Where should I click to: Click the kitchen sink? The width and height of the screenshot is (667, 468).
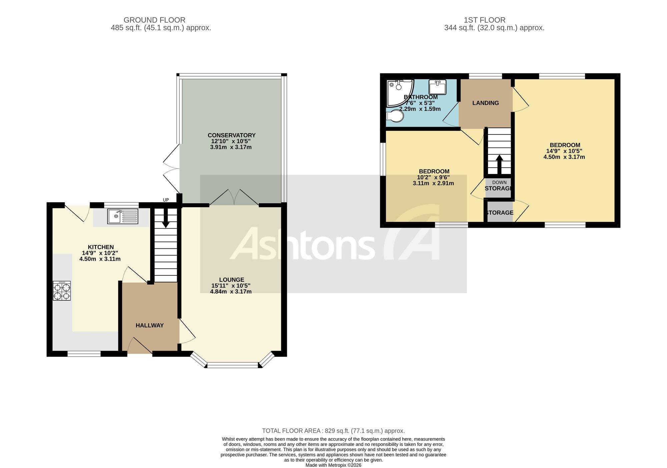pyautogui.click(x=123, y=216)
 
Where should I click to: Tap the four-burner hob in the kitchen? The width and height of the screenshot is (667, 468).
pyautogui.click(x=62, y=291)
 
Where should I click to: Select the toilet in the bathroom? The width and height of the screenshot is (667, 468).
pyautogui.click(x=395, y=116)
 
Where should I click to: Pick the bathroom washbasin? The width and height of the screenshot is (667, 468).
pyautogui.click(x=438, y=87)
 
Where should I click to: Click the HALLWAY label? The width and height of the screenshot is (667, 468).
pyautogui.click(x=149, y=325)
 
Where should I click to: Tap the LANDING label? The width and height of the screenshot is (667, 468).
pyautogui.click(x=486, y=103)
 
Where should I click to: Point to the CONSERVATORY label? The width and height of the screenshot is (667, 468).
pyautogui.click(x=231, y=135)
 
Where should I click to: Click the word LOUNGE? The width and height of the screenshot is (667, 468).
pyautogui.click(x=231, y=280)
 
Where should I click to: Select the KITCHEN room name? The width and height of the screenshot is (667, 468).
pyautogui.click(x=101, y=247)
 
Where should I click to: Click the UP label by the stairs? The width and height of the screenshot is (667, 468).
pyautogui.click(x=166, y=200)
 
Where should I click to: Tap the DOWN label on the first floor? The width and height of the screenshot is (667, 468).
pyautogui.click(x=499, y=183)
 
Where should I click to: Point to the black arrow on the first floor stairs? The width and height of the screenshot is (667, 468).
pyautogui.click(x=499, y=165)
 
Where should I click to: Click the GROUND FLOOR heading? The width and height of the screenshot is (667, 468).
pyautogui.click(x=154, y=20)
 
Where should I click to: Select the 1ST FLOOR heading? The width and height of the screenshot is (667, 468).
pyautogui.click(x=485, y=20)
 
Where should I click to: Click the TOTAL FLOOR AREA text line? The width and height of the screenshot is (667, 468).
pyautogui.click(x=333, y=431)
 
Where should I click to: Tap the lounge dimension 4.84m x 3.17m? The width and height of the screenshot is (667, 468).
pyautogui.click(x=231, y=291)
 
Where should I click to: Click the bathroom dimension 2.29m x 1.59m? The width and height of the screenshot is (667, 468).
pyautogui.click(x=420, y=109)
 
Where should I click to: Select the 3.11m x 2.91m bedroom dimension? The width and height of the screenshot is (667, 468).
pyautogui.click(x=433, y=183)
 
